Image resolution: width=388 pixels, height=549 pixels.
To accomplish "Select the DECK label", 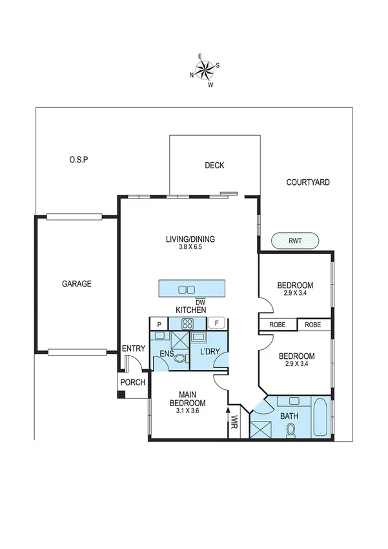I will [214, 166].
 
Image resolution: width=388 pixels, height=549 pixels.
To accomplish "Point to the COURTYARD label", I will [308, 182].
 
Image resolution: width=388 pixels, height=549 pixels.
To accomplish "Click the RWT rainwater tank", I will [295, 241].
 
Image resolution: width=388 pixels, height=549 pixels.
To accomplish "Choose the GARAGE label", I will [76, 284].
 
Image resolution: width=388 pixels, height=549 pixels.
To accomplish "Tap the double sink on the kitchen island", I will [187, 289].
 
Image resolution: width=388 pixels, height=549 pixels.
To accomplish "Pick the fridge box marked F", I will [216, 323].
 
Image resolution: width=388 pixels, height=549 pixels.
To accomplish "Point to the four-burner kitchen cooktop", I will [187, 324].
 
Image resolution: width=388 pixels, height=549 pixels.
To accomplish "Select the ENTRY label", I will [133, 349].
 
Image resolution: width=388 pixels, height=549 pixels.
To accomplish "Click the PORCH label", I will [132, 382].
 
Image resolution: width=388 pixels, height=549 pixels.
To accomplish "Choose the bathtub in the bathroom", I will [320, 419].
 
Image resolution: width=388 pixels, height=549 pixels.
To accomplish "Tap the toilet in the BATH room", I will [291, 430].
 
